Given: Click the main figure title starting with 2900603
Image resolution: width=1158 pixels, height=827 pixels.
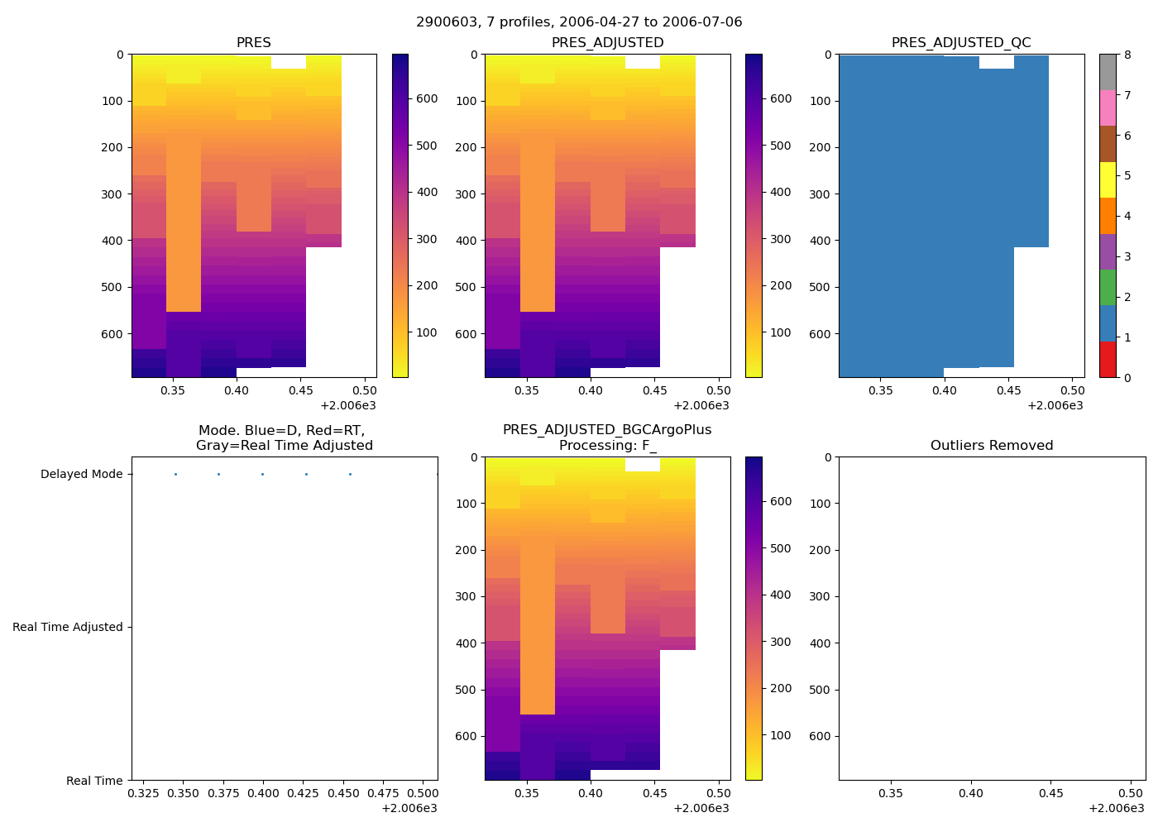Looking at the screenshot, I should tap(579, 22).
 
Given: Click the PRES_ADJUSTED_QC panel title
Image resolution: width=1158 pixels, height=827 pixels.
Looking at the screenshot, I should tap(961, 42).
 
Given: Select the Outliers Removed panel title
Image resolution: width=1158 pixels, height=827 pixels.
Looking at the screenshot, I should tap(992, 445).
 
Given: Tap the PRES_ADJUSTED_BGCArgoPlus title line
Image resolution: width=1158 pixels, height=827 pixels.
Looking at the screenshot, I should tap(607, 429).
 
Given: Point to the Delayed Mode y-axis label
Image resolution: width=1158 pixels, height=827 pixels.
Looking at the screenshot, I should tap(81, 474).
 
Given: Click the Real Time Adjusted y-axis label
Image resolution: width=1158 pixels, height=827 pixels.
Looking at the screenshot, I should tap(68, 627).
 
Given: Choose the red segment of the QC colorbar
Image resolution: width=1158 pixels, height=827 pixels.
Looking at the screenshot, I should tap(1108, 359).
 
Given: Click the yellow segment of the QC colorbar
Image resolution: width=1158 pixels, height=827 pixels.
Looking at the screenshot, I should tap(1108, 179).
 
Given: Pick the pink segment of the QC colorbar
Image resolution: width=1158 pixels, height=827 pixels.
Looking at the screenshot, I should tap(1108, 108).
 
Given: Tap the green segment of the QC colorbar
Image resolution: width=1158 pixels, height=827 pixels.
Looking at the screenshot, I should tap(1108, 287).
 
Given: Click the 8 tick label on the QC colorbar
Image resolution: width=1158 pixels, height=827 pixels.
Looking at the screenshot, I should tap(1127, 55).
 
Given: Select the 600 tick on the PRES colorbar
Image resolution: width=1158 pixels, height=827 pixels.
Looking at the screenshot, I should tap(427, 98).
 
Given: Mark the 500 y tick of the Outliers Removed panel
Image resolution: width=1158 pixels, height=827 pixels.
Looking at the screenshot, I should tap(821, 690).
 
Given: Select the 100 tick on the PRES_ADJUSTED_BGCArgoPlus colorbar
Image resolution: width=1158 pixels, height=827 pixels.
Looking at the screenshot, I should tap(780, 735).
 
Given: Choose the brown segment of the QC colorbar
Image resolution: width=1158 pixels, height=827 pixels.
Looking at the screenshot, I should tap(1108, 144).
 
